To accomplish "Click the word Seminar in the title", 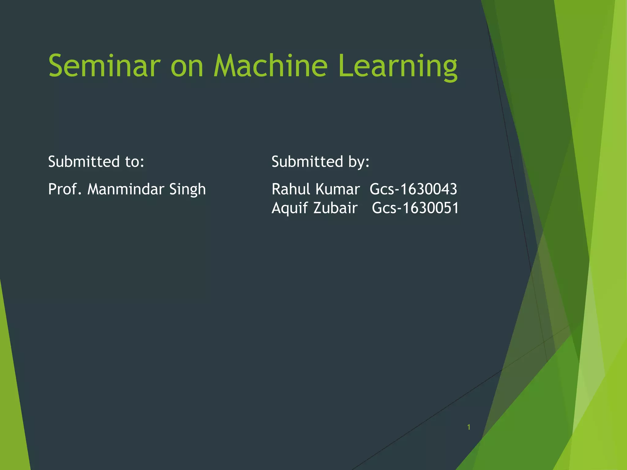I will tap(104, 66).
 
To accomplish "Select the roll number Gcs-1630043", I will tap(413, 189).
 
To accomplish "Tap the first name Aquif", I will tap(290, 208).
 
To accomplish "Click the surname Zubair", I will tap(335, 208).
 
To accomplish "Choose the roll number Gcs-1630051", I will tap(415, 208).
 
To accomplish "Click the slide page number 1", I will tap(469, 427).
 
